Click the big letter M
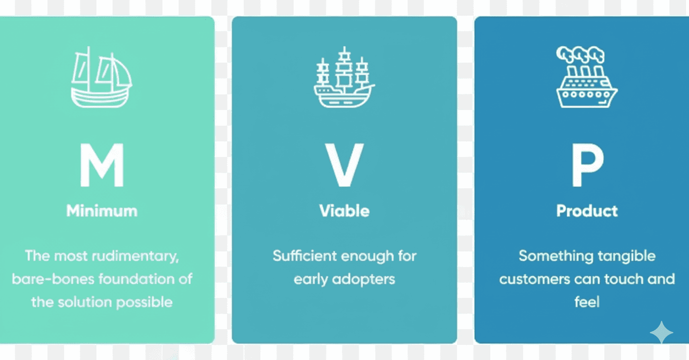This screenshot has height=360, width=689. click(x=102, y=165)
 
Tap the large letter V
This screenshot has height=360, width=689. click(x=344, y=165)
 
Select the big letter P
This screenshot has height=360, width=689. click(x=587, y=165)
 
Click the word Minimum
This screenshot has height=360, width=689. click(x=102, y=211)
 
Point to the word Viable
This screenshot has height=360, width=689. click(x=344, y=211)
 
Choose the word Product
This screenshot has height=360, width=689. click(x=587, y=211)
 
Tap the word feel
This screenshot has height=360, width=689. click(x=587, y=302)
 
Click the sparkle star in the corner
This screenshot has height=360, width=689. click(x=661, y=333)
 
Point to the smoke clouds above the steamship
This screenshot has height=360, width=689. click(x=580, y=54)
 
